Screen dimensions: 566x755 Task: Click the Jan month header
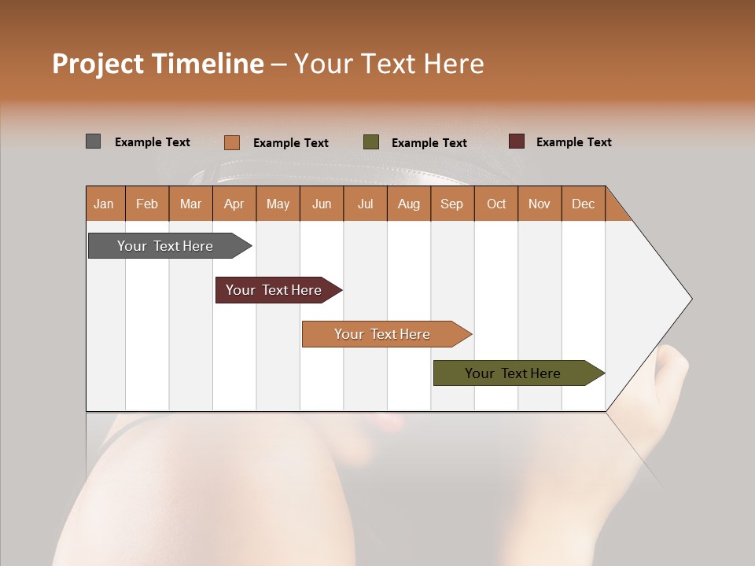coord(104,204)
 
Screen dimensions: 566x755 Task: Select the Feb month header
coord(147,204)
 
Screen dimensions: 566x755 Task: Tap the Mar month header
coord(190,204)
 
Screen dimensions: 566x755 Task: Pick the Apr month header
coord(234,204)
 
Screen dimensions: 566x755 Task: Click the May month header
coord(278,204)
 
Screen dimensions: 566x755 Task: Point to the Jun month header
coord(322,204)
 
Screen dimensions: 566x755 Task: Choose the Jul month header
coord(365,204)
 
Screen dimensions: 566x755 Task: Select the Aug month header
coord(409,204)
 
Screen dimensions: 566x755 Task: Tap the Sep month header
coord(452,204)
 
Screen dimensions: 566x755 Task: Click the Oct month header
coord(496,204)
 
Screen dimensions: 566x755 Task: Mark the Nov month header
coord(540,204)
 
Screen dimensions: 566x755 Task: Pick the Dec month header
coord(584,204)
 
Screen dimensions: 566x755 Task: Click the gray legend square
coord(94,141)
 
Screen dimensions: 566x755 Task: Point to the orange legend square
coord(232,142)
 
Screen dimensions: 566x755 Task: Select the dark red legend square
coord(517,141)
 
